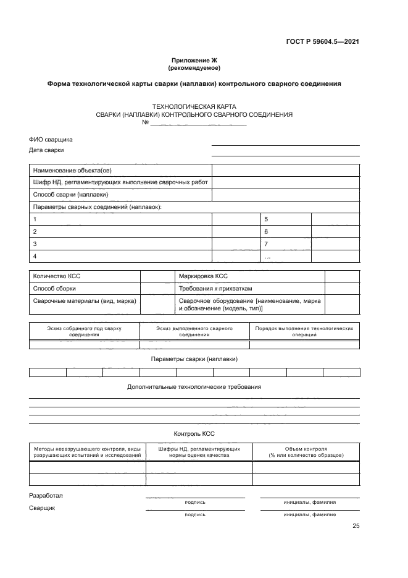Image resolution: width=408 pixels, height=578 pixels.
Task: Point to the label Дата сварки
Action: point(46,150)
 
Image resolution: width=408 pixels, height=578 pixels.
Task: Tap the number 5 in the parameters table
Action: point(266,219)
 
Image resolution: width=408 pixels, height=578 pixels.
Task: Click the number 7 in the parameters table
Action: point(266,244)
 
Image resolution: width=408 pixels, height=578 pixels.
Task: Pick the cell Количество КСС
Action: point(57,276)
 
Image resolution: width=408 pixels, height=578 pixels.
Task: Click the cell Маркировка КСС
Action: point(203,276)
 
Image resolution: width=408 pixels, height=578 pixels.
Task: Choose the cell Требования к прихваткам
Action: point(215,289)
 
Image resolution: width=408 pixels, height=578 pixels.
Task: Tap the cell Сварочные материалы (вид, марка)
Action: point(85,300)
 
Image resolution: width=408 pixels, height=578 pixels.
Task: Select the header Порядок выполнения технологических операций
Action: point(305,331)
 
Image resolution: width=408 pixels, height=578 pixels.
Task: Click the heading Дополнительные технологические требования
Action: point(194,387)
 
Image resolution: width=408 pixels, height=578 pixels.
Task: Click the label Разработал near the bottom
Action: point(46,496)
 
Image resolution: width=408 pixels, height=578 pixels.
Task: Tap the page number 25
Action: point(356,526)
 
